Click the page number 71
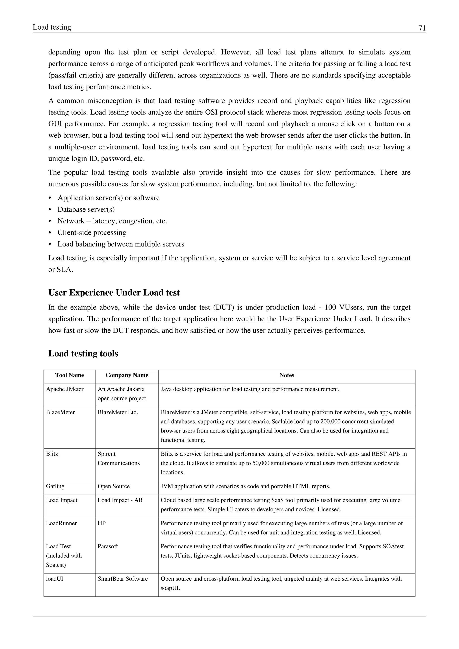422,28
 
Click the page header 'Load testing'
52,27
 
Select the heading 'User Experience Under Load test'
114,292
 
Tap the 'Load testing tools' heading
83,353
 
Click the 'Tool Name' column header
69,375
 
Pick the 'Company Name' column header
127,375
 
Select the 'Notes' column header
287,375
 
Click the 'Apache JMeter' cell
65,389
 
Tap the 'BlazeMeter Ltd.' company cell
118,412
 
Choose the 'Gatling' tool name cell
55,486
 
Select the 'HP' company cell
102,523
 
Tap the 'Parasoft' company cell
108,546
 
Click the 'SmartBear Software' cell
123,579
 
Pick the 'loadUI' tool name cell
54,579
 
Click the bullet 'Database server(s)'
86,210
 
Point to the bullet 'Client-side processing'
92,233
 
